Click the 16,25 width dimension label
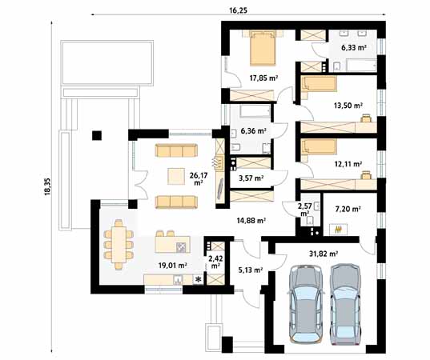(238, 10)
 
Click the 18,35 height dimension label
(48, 186)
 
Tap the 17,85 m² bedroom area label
(263, 78)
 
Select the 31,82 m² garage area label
(324, 254)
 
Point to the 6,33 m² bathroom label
(354, 48)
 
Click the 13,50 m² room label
(348, 106)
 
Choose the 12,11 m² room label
(348, 164)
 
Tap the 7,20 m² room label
(348, 210)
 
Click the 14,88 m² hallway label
(251, 220)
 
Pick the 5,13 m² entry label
(251, 270)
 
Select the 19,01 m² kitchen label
(173, 265)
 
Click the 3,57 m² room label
(251, 178)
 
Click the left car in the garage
(306, 303)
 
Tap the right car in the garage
(345, 303)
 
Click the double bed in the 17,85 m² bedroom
(263, 48)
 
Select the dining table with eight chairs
(119, 244)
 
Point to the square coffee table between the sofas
(176, 176)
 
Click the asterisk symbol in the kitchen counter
(198, 279)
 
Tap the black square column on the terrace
(97, 135)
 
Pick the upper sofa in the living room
(176, 150)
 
